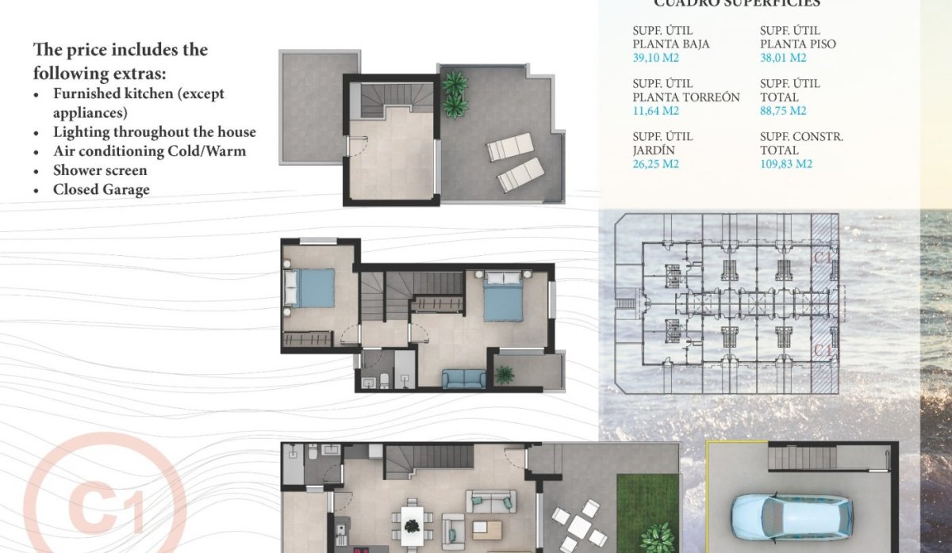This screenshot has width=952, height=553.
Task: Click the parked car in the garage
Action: coord(791,515)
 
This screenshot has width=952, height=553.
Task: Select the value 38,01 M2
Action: coord(782,58)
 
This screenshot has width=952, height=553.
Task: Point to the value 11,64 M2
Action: coord(655,111)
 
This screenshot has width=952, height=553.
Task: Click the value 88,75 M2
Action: coord(782,111)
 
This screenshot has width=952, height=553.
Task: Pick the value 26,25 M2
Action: coord(656,164)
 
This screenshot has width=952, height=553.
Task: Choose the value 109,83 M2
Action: coord(785,164)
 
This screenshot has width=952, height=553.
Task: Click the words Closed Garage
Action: coord(101,189)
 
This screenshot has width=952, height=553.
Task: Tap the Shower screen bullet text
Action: coord(100,170)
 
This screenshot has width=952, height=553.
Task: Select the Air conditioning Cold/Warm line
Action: coord(149,151)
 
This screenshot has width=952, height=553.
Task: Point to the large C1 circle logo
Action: coord(103,507)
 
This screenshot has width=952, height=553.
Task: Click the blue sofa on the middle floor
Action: coord(463,379)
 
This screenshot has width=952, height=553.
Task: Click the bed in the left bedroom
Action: coord(309,287)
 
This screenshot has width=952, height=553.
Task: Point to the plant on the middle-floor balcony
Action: coord(505,374)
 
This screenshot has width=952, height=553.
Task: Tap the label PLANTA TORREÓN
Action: coord(686,97)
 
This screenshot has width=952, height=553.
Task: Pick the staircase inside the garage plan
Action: coord(802,458)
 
